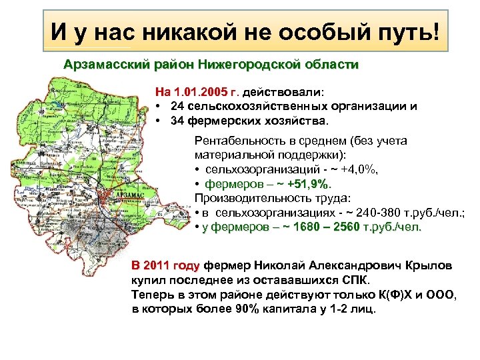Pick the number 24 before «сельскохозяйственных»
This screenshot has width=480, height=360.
(x=177, y=106)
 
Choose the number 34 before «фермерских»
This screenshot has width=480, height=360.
(x=177, y=122)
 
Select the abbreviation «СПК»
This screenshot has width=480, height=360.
(x=349, y=279)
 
